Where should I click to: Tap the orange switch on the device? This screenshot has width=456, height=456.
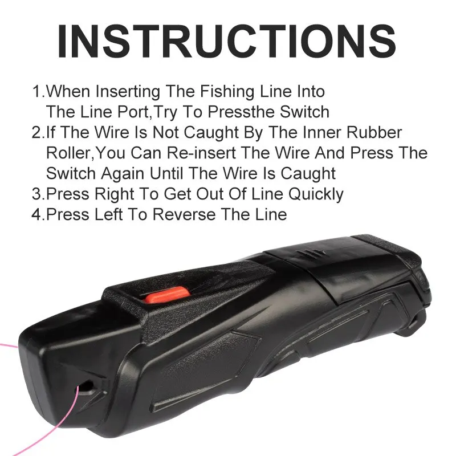click(166, 295)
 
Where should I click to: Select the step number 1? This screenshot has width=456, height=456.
click(36, 91)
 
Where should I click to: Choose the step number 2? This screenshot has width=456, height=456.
click(36, 132)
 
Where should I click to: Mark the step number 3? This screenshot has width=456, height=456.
click(36, 194)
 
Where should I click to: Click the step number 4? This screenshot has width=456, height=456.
click(36, 214)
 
